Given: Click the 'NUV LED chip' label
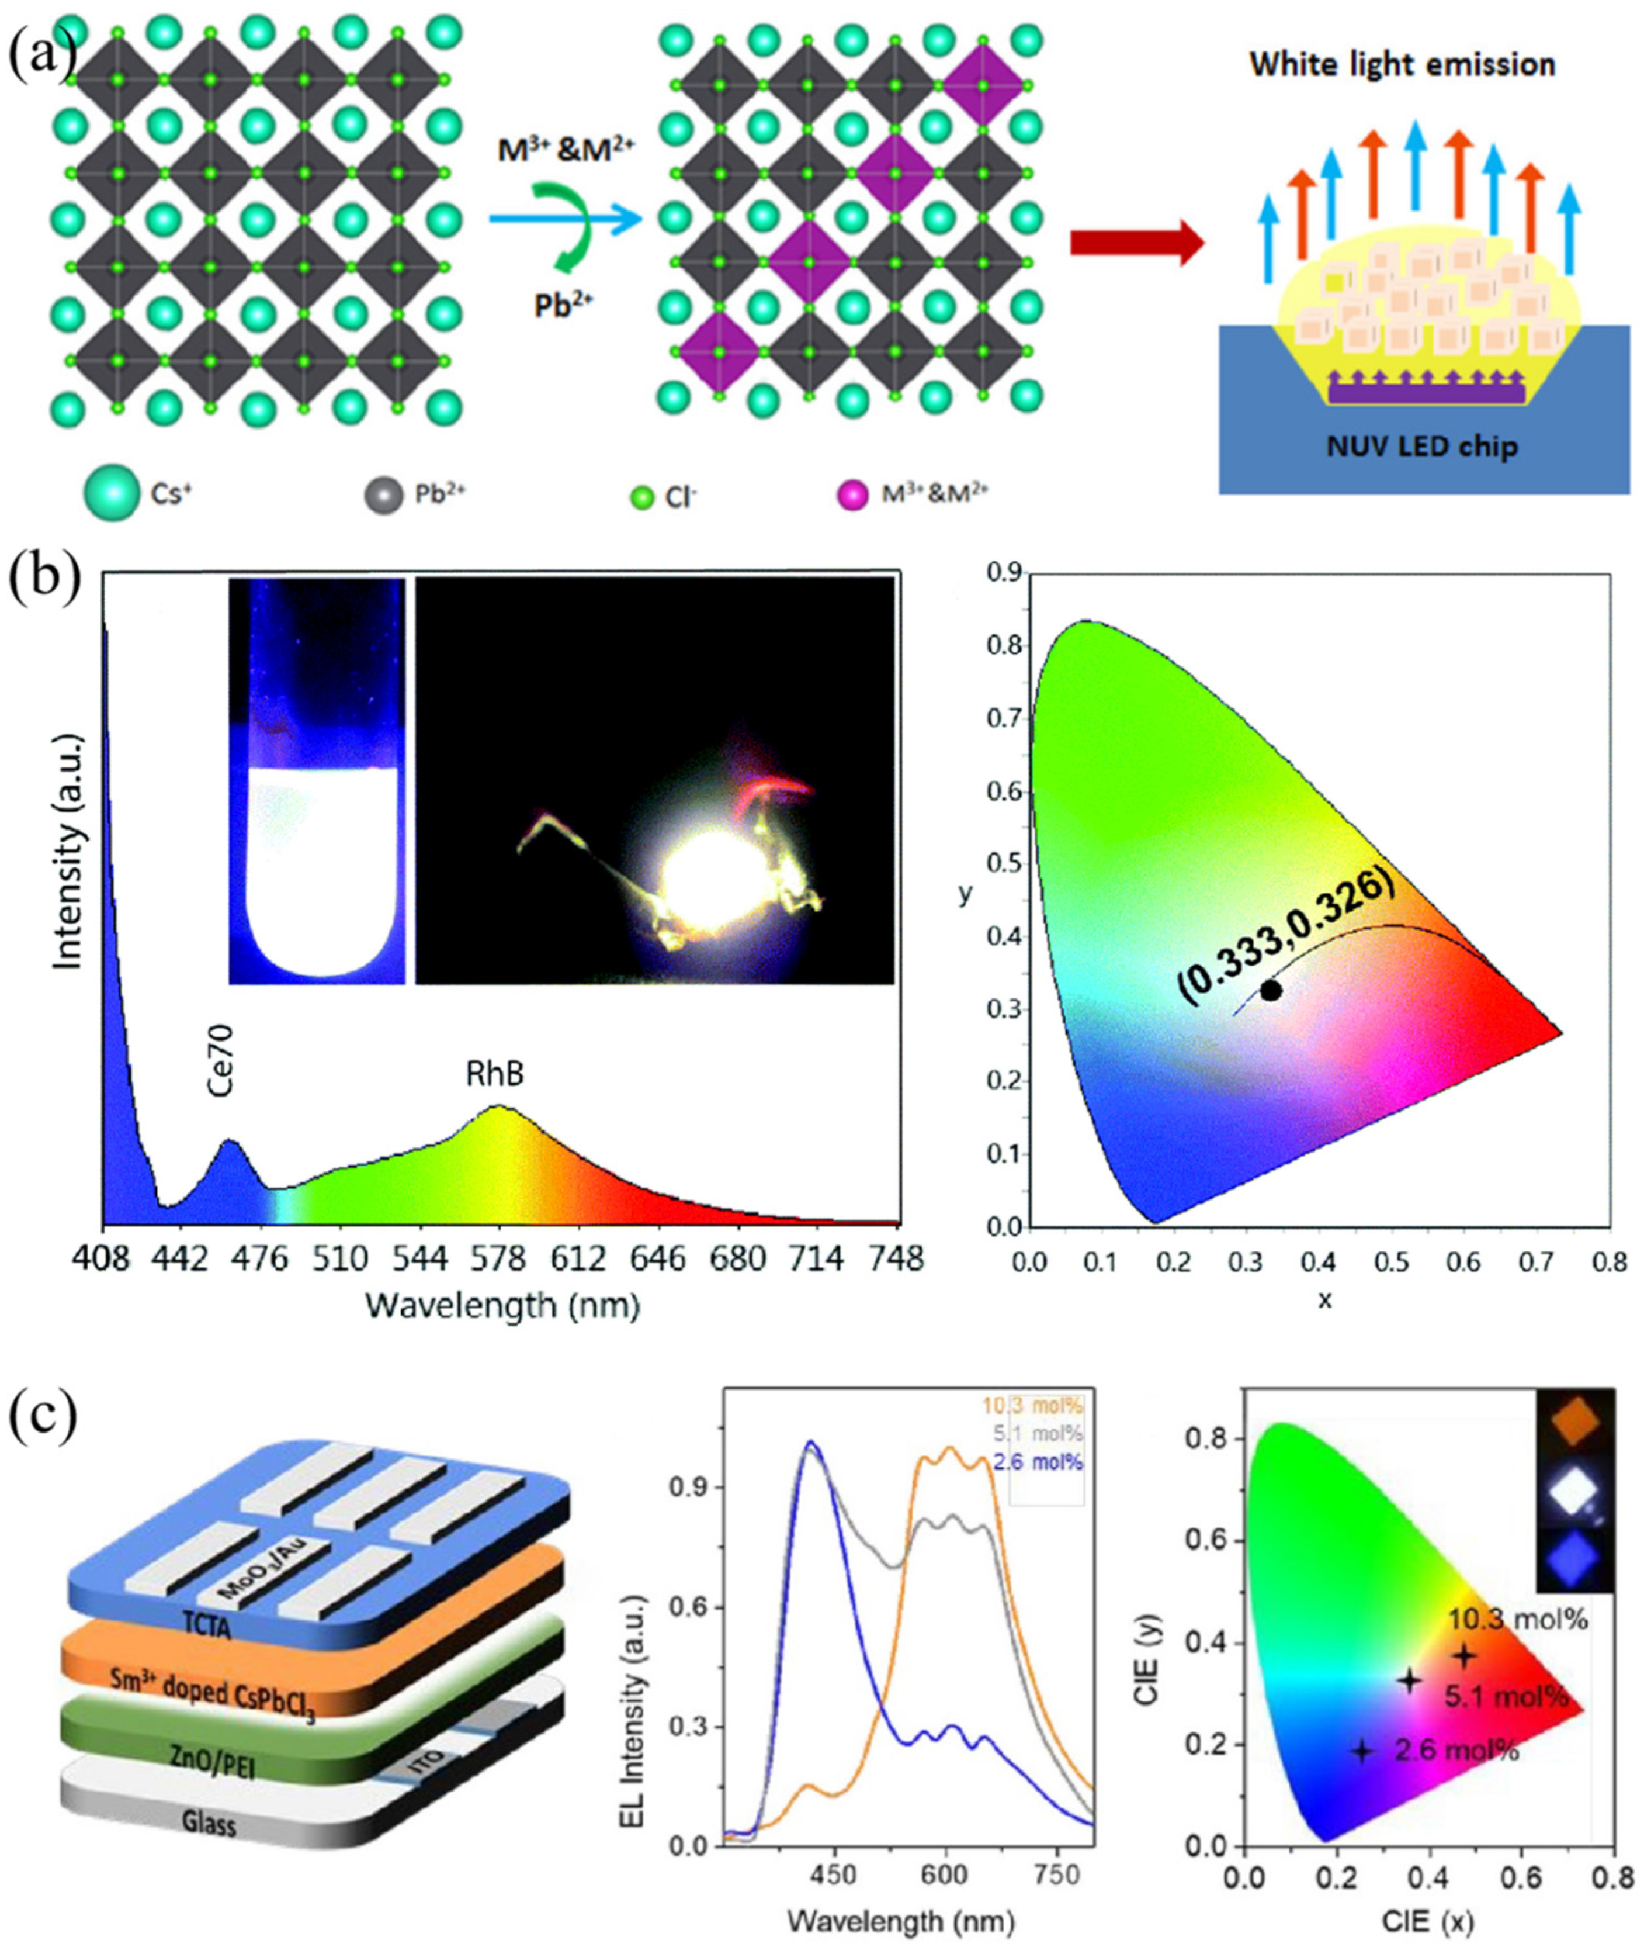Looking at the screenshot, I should pos(1422,447).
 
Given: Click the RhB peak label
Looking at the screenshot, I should pos(495,1074).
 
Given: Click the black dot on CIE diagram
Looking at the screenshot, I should pos(1270,990).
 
